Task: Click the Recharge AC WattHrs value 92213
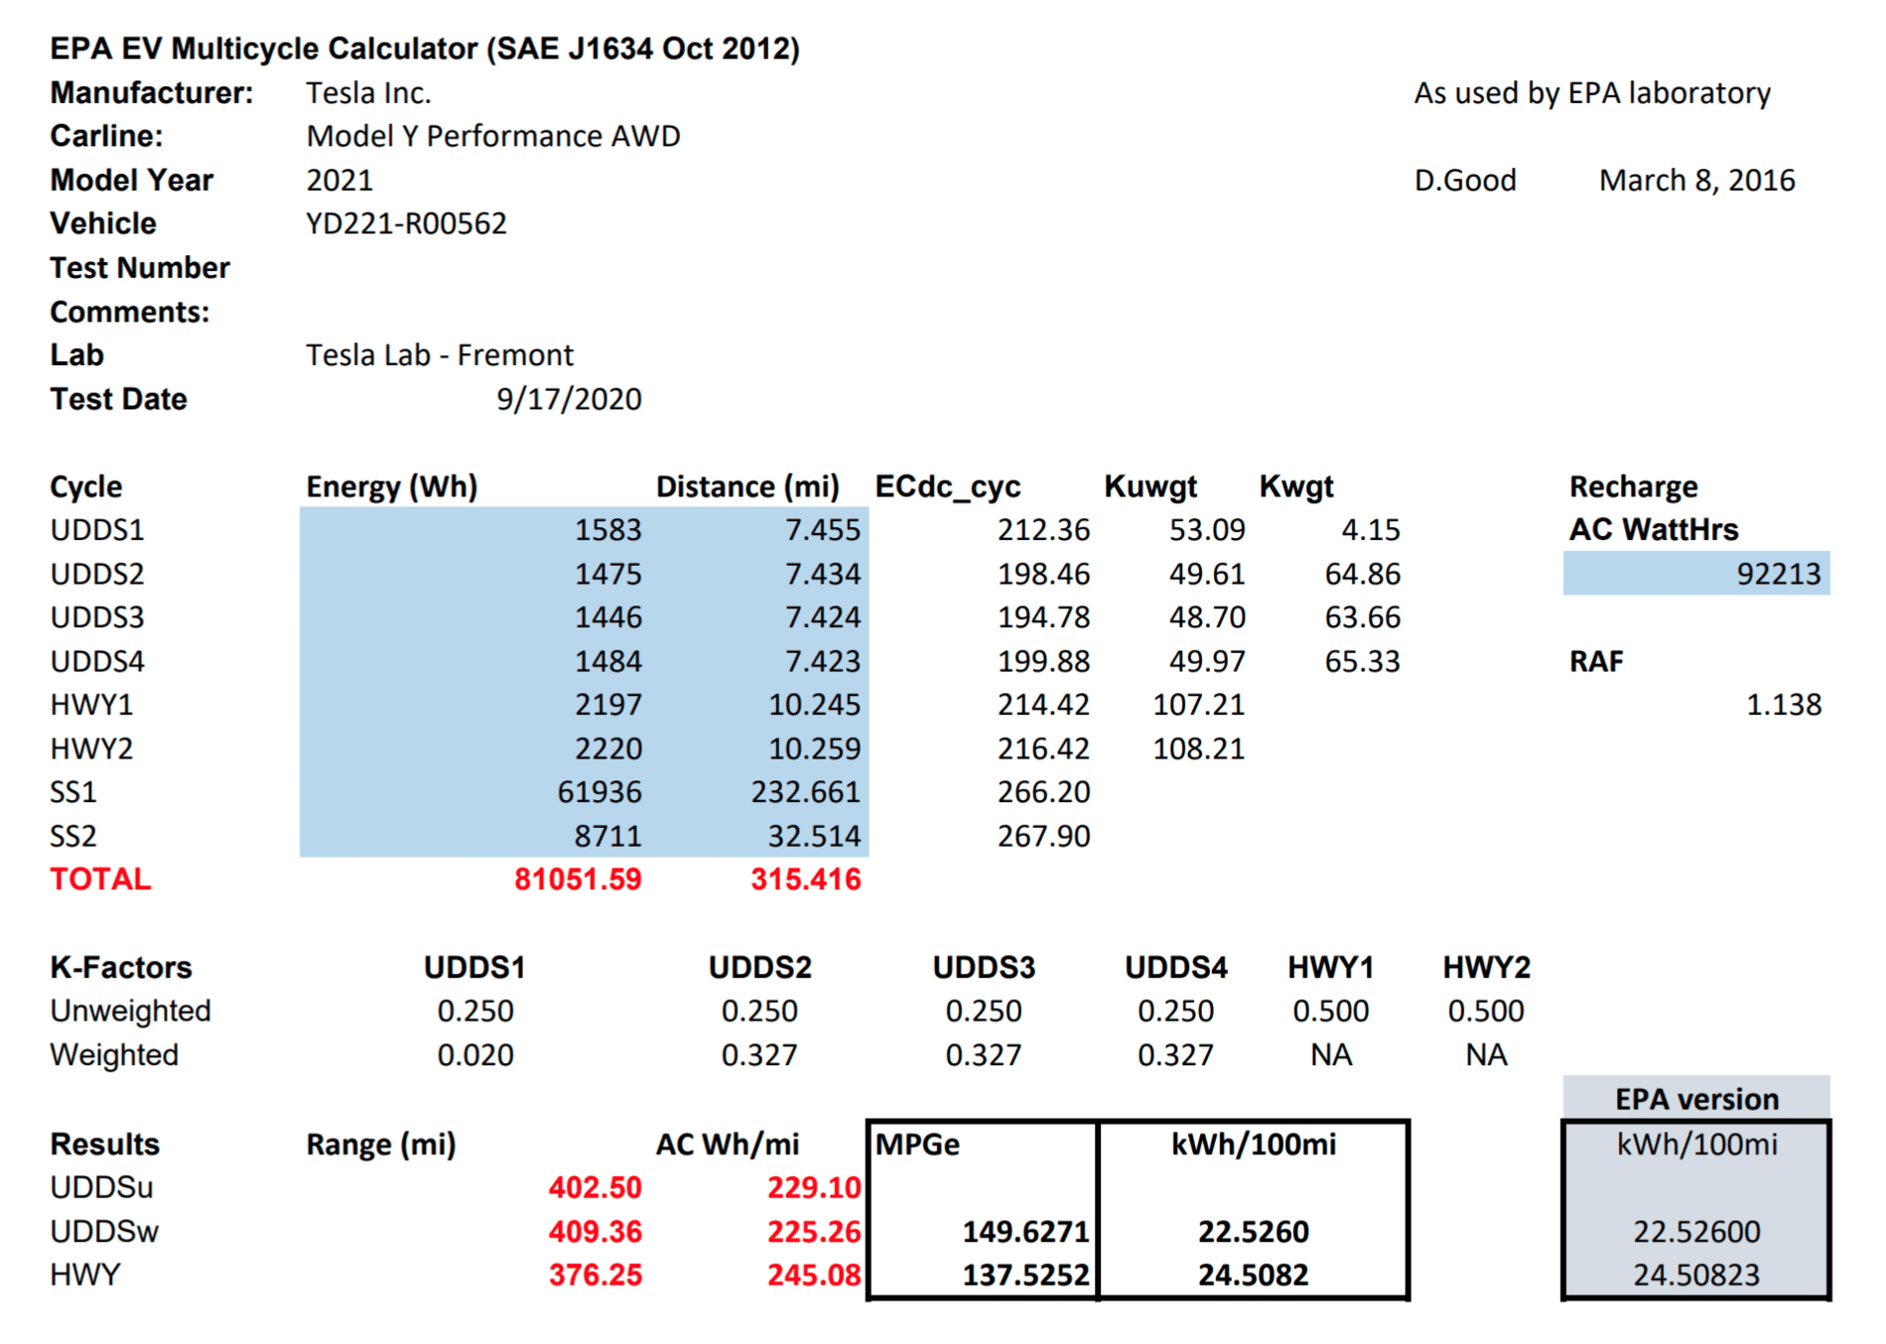pos(1778,574)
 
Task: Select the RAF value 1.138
pos(1784,705)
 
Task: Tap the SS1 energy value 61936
pos(599,792)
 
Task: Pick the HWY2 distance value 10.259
pos(814,748)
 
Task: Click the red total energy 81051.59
pos(578,879)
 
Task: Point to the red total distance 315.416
pos(806,879)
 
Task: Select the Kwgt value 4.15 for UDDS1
pos(1371,530)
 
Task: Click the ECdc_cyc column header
pos(948,487)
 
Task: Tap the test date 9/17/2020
pos(569,399)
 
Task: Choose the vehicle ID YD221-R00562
pos(406,223)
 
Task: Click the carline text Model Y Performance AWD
pos(493,136)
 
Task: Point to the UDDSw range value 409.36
pos(596,1232)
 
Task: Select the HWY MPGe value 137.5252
pos(1026,1276)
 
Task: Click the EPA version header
pos(1697,1100)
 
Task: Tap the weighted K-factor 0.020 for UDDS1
pos(475,1055)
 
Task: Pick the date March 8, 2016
pos(1697,181)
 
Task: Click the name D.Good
pos(1465,181)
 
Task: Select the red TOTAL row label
pos(100,879)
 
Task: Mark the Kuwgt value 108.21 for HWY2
pos(1198,748)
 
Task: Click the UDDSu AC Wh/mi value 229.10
pos(814,1188)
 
